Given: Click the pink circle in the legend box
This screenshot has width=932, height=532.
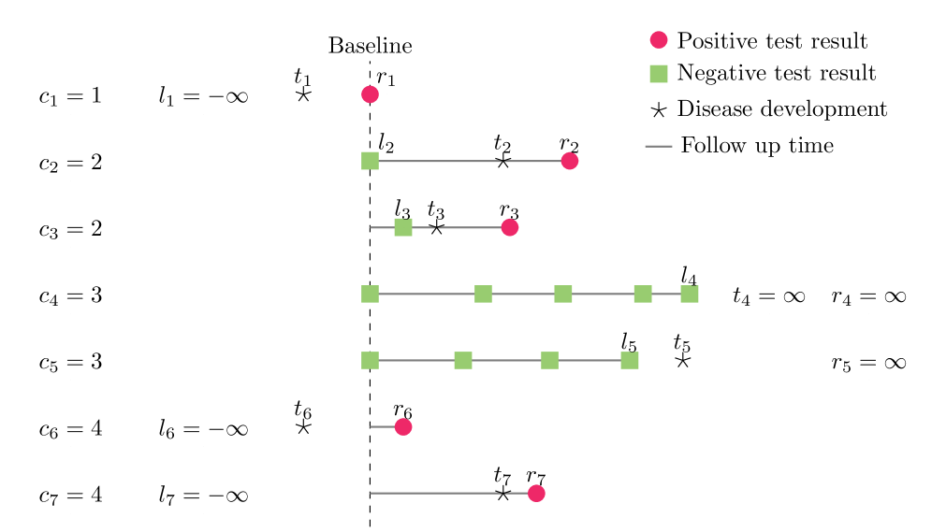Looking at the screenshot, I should tap(659, 39).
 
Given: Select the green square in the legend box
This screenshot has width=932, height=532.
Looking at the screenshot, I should tap(659, 74).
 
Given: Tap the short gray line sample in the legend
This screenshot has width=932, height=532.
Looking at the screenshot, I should tap(659, 146).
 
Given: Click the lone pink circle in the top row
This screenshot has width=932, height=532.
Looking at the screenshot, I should tap(371, 94).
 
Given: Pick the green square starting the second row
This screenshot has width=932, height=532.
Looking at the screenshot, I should tap(371, 161).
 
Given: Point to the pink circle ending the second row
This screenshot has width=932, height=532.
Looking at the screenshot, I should tap(570, 161).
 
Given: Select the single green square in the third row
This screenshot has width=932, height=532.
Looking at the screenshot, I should tap(403, 227).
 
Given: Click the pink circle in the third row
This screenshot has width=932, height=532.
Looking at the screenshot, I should tap(510, 227).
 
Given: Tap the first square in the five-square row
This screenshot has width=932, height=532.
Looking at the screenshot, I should tap(371, 294).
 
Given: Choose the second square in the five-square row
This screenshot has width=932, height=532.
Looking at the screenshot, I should tap(483, 294).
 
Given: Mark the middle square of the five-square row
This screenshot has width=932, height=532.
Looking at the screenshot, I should tap(563, 294).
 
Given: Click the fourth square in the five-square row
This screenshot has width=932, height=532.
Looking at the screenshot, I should tap(643, 294).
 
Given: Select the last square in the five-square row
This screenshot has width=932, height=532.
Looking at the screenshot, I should tap(690, 294).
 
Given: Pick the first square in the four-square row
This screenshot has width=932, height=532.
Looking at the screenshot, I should tap(371, 360).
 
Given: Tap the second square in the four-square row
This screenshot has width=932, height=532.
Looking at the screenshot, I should tap(463, 360).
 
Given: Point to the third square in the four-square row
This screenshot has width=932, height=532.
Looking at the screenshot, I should tap(550, 360).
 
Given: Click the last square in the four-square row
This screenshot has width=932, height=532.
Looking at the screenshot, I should tap(630, 360).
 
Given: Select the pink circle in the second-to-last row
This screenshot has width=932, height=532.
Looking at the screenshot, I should tap(403, 426).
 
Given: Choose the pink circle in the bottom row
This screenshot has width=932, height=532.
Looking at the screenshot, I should tap(536, 493).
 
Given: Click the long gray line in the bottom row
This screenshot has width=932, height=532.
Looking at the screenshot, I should tap(435, 493).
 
